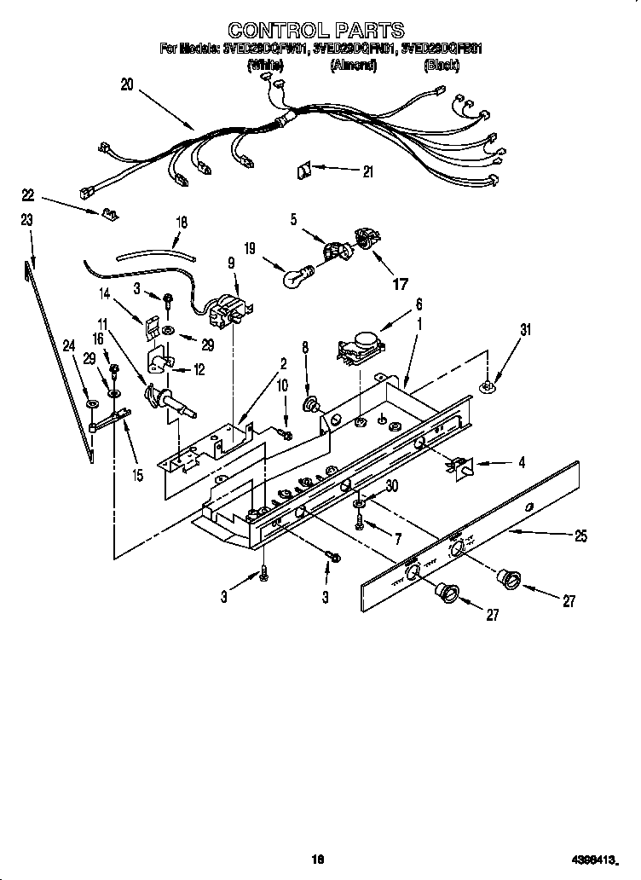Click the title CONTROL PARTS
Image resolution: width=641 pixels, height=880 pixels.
coord(320,32)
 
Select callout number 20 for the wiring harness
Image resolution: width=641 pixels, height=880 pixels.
coord(127,84)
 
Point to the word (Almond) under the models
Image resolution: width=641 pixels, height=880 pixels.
coord(353,65)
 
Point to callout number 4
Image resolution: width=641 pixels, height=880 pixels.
coord(522,463)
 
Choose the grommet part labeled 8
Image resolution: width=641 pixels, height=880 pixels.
coord(312,402)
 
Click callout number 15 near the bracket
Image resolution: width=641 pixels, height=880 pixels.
coord(137,475)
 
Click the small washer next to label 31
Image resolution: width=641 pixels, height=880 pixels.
coord(486,388)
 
